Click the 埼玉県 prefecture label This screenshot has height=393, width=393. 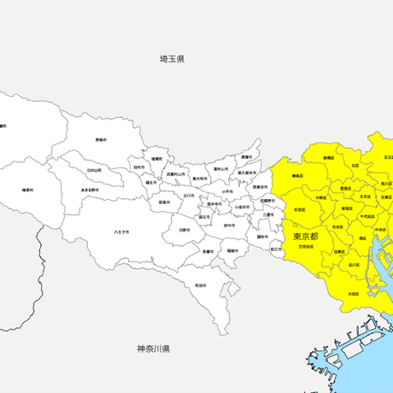click(x=172, y=59)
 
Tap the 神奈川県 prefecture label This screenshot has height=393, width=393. click(x=154, y=349)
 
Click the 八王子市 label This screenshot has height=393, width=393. click(x=121, y=232)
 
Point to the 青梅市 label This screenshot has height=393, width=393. click(x=101, y=139)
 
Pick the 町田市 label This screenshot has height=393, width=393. click(x=200, y=284)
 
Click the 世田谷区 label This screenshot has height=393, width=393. click(x=305, y=246)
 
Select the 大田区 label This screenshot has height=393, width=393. click(x=353, y=294)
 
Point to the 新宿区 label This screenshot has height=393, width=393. click(x=348, y=208)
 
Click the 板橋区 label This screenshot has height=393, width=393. click(x=329, y=157)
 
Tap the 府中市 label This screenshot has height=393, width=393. click(x=229, y=226)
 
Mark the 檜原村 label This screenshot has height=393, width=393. click(x=28, y=190)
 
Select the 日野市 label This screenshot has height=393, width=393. click(x=185, y=229)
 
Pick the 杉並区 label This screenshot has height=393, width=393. click(x=300, y=208)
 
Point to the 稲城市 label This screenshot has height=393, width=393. click(x=232, y=250)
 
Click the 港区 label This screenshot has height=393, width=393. click(x=363, y=238)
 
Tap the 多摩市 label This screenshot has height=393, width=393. click(x=208, y=251)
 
